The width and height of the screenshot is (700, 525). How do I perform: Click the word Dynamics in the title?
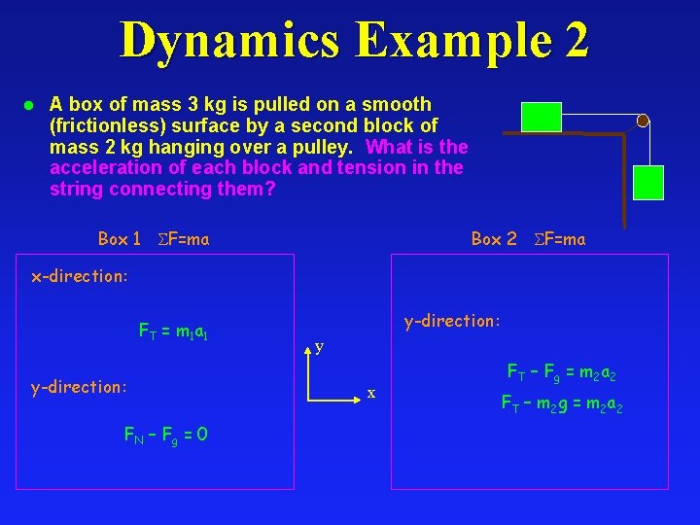click(x=230, y=42)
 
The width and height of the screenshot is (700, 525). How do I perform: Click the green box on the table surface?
click(x=542, y=117)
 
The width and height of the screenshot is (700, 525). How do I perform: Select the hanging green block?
click(x=647, y=183)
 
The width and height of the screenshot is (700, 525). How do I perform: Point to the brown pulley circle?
click(x=643, y=121)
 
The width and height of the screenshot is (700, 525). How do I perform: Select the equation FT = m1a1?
click(x=181, y=333)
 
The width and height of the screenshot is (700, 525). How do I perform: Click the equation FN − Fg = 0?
click(x=164, y=434)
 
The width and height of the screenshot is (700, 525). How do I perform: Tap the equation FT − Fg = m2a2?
click(x=561, y=371)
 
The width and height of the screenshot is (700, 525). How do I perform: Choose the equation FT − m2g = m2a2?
click(x=561, y=402)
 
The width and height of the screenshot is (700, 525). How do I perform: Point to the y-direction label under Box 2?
click(x=452, y=320)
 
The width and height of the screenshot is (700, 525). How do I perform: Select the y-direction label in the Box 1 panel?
click(x=79, y=388)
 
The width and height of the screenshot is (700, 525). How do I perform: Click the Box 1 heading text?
click(x=120, y=238)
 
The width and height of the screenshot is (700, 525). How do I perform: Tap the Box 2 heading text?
click(x=494, y=238)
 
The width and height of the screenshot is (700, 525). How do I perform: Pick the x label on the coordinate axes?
click(x=370, y=393)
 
